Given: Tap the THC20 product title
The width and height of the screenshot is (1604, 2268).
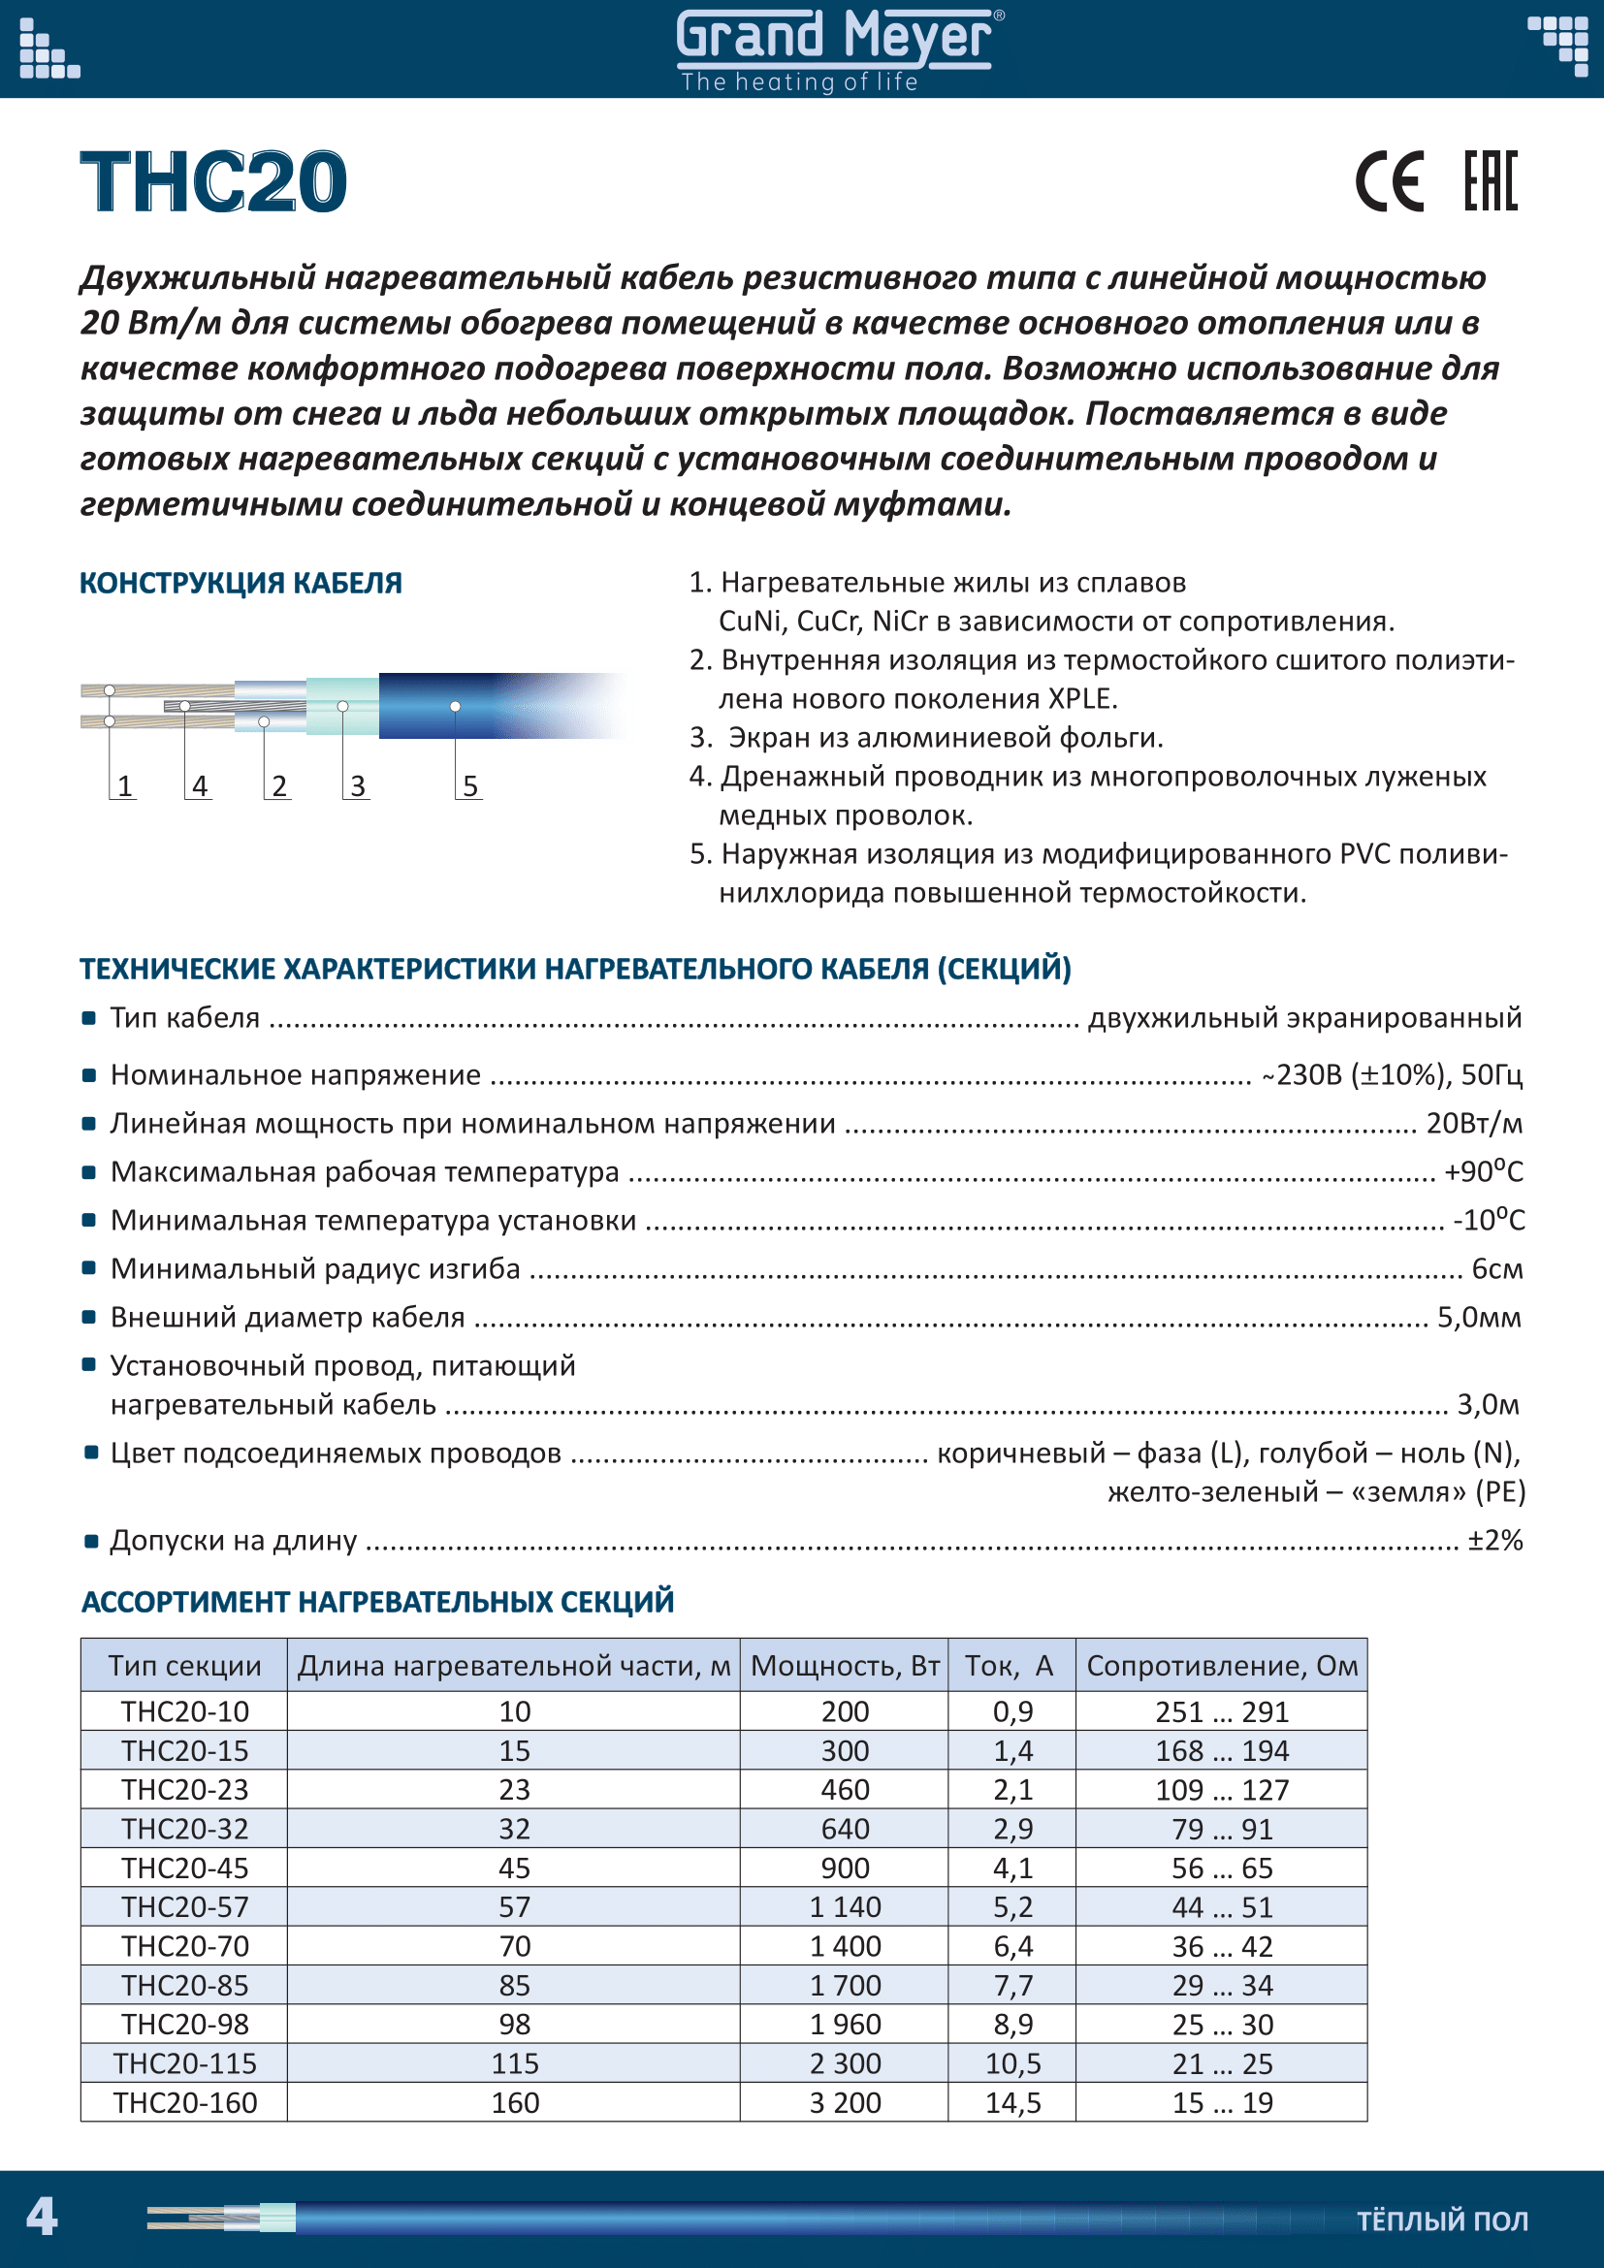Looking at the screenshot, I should click(x=213, y=181).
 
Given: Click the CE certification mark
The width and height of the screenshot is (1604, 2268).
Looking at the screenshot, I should click(x=1389, y=181).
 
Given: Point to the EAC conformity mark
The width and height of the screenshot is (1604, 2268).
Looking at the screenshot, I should click(x=1490, y=181).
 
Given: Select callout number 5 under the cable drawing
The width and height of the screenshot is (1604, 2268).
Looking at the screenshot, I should click(x=470, y=786).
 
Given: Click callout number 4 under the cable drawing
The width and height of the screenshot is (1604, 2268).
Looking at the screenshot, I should click(x=200, y=786).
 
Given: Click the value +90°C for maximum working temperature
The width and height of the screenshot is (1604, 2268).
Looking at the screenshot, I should click(x=1483, y=1171).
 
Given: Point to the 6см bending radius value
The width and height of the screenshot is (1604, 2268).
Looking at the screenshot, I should click(x=1496, y=1268).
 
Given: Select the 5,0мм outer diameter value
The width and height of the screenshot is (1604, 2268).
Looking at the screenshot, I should click(x=1479, y=1317).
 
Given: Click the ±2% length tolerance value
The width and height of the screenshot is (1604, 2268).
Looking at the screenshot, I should click(x=1494, y=1540).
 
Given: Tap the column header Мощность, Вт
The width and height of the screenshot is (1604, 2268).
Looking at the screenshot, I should click(x=845, y=1666).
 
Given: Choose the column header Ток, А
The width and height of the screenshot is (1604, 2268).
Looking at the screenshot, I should click(x=1010, y=1666).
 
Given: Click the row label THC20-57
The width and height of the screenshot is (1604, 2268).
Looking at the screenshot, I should click(x=184, y=1906).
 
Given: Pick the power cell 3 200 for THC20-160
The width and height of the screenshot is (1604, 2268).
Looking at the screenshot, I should click(x=845, y=2102).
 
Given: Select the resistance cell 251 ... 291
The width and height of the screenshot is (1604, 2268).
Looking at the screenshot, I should click(x=1222, y=1710).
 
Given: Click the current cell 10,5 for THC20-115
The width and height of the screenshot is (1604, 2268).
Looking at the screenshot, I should click(x=1012, y=2062).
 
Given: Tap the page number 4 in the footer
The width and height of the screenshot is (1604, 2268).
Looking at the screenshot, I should click(x=41, y=2216).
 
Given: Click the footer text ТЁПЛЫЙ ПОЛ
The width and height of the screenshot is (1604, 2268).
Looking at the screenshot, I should click(x=1442, y=2220).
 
